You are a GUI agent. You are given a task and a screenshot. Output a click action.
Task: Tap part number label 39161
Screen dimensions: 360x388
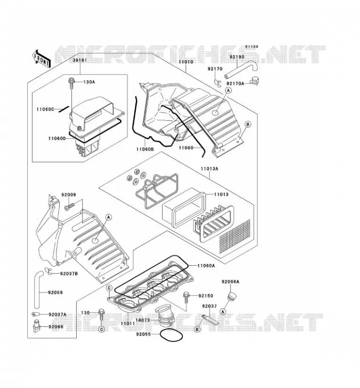pos(80,60)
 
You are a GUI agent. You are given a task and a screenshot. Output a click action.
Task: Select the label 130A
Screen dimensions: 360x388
pos(89,82)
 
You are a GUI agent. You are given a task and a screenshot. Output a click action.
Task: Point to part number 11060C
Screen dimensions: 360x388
pos(45,109)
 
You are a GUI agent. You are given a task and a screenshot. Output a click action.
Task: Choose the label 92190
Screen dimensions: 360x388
pos(237,57)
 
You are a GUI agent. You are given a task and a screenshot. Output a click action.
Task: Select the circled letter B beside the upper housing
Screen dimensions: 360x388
pos(247,124)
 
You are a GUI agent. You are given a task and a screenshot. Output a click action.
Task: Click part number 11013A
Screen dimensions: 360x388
pos(210,169)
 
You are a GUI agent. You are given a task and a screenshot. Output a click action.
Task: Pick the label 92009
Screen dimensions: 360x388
pos(68,195)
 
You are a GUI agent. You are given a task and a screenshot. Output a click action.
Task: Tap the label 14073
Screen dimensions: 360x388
pos(143,320)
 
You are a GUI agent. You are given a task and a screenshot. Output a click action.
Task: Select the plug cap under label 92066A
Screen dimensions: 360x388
pos(231,297)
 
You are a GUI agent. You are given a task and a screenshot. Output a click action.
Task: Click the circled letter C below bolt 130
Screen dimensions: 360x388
pos(101,329)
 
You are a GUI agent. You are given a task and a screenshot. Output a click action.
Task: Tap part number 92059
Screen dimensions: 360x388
pos(55,292)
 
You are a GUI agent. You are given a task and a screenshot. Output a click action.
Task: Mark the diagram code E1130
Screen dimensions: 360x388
pos(252,47)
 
